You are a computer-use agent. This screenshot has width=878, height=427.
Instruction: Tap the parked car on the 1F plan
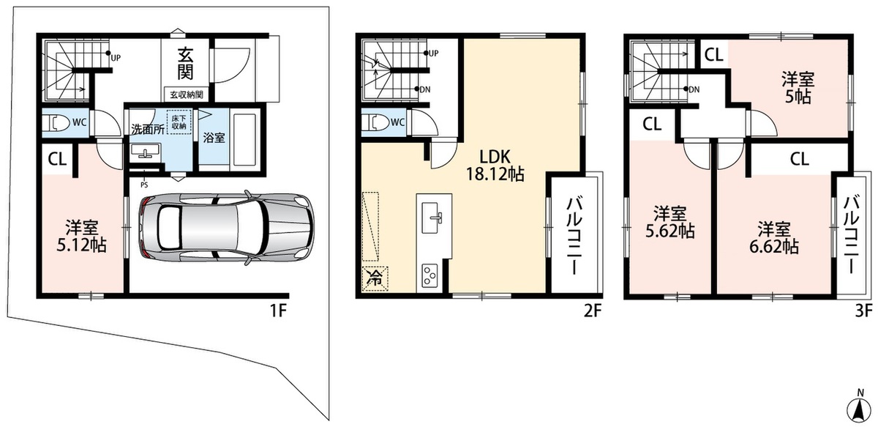click(x=226, y=229)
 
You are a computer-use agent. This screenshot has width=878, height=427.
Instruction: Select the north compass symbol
click(x=858, y=408)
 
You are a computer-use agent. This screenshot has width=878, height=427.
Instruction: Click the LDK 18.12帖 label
click(x=495, y=166)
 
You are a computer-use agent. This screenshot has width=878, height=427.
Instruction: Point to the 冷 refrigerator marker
click(x=375, y=279)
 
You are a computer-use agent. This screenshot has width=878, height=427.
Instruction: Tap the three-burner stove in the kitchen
click(x=430, y=275)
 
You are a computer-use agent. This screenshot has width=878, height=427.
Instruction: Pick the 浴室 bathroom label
click(x=214, y=138)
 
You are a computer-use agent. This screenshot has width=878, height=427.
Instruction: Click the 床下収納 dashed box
click(x=179, y=122)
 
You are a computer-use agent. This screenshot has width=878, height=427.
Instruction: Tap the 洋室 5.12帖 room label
click(x=81, y=237)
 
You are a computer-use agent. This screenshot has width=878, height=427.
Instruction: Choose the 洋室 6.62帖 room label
click(x=774, y=238)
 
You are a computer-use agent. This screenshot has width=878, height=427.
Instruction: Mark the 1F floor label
click(x=279, y=311)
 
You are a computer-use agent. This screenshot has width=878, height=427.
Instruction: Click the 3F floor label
click(x=863, y=311)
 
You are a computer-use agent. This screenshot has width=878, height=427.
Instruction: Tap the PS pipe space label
click(x=144, y=185)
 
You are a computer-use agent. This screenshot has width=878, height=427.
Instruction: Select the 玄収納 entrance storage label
click(x=187, y=94)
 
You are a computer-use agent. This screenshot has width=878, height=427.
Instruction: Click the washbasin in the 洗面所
click(x=146, y=151)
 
